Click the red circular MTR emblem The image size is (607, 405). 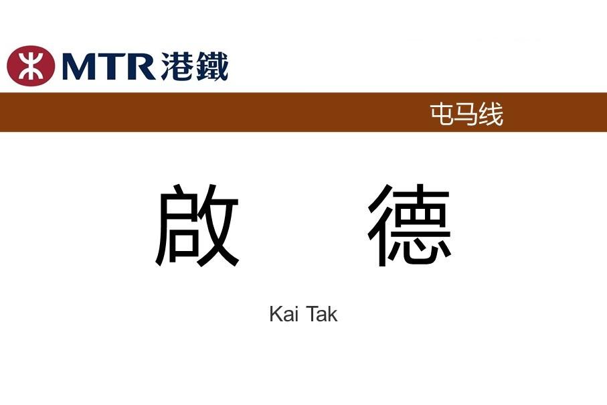pos(31,66)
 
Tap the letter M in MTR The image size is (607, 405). pos(78,66)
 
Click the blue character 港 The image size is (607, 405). pos(177,66)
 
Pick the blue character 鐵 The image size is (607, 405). pos(211,66)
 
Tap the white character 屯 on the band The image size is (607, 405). pos(442,114)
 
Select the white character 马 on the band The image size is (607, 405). pos(466,114)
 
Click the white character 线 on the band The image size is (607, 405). pos(491,114)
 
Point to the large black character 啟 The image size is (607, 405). pos(197,226)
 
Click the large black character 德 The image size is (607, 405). pos(409,226)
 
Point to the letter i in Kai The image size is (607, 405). pos(296,314)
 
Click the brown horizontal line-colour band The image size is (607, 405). pos(304,112)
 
